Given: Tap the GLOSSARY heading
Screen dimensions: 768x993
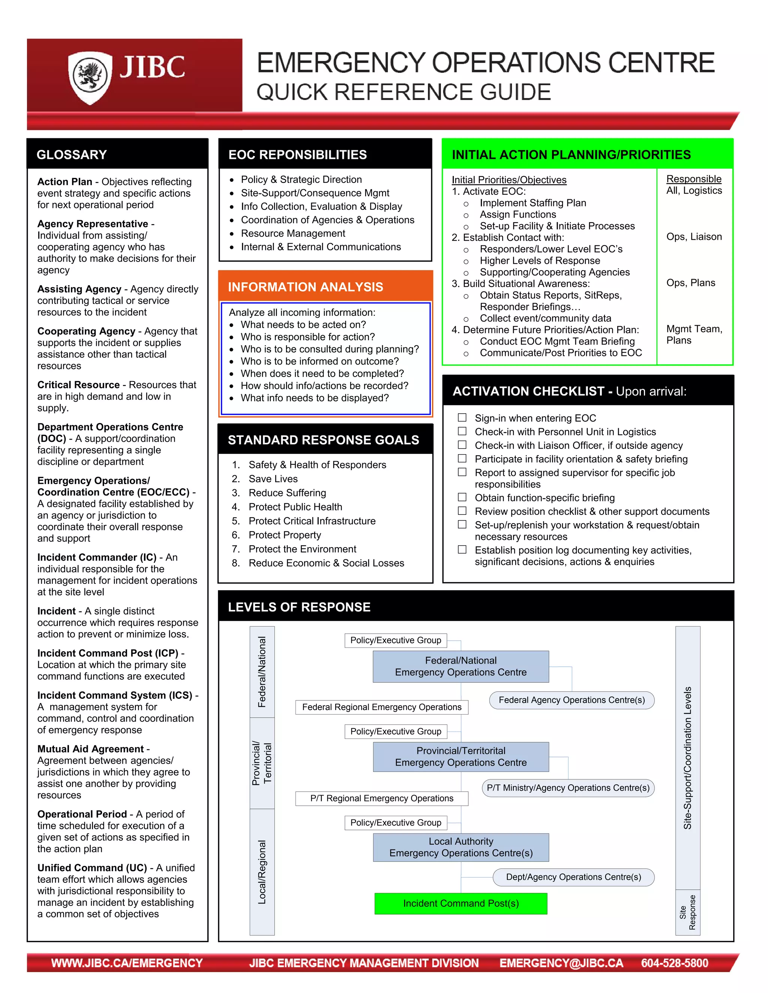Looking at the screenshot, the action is pos(71,155).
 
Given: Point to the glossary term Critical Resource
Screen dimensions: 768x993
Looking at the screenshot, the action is pos(78,385).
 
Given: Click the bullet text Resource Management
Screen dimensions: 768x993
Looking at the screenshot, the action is pos(293,233).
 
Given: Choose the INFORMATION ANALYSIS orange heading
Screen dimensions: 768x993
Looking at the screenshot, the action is pos(305,287).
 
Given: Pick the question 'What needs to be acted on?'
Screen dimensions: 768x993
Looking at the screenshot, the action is pos(303,325).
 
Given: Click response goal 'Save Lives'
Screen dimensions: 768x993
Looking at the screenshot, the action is pos(273,479).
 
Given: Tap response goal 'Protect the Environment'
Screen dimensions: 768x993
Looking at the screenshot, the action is pos(302,549).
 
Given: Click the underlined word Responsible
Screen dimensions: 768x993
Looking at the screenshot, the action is pos(693,179).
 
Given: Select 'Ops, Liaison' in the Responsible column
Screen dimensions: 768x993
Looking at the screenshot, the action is pos(694,236).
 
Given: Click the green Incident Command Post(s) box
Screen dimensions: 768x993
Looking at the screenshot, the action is pos(460,903).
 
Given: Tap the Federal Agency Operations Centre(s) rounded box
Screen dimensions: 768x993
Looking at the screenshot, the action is pos(571,700).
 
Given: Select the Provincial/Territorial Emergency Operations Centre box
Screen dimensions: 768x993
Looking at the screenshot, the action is pos(460,757).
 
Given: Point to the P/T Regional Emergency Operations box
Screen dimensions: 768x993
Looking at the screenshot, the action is pos(381,799).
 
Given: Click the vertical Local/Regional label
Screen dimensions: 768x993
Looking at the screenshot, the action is pos(262,872).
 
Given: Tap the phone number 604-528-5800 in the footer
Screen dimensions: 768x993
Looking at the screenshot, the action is pos(674,963).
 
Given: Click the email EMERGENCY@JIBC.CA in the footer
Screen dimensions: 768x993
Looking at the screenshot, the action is pos(561,963).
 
